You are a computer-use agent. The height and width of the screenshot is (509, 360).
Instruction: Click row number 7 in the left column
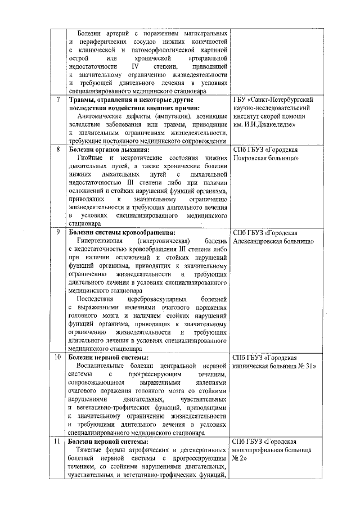58,100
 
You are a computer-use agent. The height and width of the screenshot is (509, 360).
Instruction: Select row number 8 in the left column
58,150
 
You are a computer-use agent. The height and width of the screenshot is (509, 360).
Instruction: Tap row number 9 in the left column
58,232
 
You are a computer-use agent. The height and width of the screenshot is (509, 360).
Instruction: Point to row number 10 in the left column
58,357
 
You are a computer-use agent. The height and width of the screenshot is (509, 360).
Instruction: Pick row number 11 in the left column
58,441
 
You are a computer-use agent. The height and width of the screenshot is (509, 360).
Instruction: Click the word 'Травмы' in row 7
82,100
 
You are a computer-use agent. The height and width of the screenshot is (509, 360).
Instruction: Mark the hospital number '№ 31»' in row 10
305,366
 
